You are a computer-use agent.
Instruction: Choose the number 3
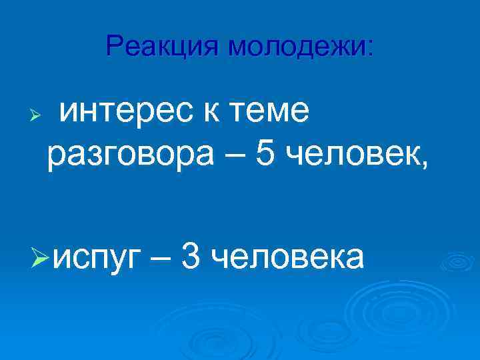189,256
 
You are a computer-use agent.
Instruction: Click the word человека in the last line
287,257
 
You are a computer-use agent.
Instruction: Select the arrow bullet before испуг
41,258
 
